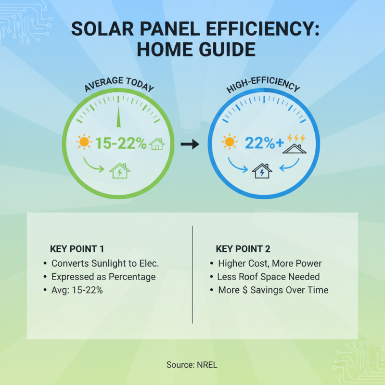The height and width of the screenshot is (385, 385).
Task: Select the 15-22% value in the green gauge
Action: [x=120, y=143]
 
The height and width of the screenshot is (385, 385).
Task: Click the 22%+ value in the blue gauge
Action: [x=264, y=143]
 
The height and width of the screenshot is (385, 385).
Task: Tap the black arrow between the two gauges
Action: [x=192, y=144]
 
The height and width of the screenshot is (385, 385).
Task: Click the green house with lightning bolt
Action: [x=119, y=170]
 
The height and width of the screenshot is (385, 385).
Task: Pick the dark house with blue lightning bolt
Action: [x=262, y=170]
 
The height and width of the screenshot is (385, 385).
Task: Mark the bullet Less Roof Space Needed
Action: [x=268, y=277]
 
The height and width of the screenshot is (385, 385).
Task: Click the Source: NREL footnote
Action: [x=192, y=364]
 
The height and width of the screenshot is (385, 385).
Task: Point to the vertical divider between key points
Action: [x=192, y=274]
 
